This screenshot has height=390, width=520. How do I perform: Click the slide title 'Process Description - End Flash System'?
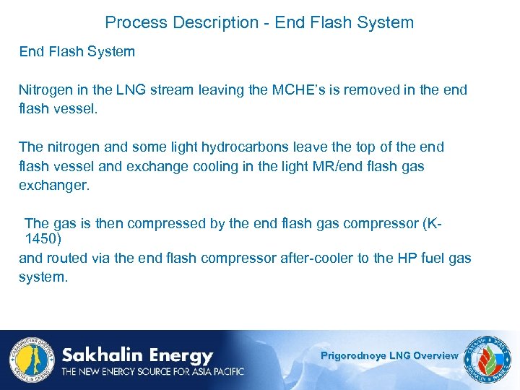pos(259,22)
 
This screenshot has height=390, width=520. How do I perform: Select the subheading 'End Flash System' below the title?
pos(77,52)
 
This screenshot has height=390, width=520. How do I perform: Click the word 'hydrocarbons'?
pos(243,147)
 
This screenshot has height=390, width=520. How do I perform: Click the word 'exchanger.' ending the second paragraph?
pos(54,185)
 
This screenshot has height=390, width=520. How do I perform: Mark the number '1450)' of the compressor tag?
pos(43,239)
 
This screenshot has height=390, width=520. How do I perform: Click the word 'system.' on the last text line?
pos(43,277)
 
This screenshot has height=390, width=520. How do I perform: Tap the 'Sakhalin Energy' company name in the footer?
pos(137,355)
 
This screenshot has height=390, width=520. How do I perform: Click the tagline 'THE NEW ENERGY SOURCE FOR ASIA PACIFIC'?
pos(152,371)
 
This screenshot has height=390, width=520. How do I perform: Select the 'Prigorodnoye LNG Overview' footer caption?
pos(389,355)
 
